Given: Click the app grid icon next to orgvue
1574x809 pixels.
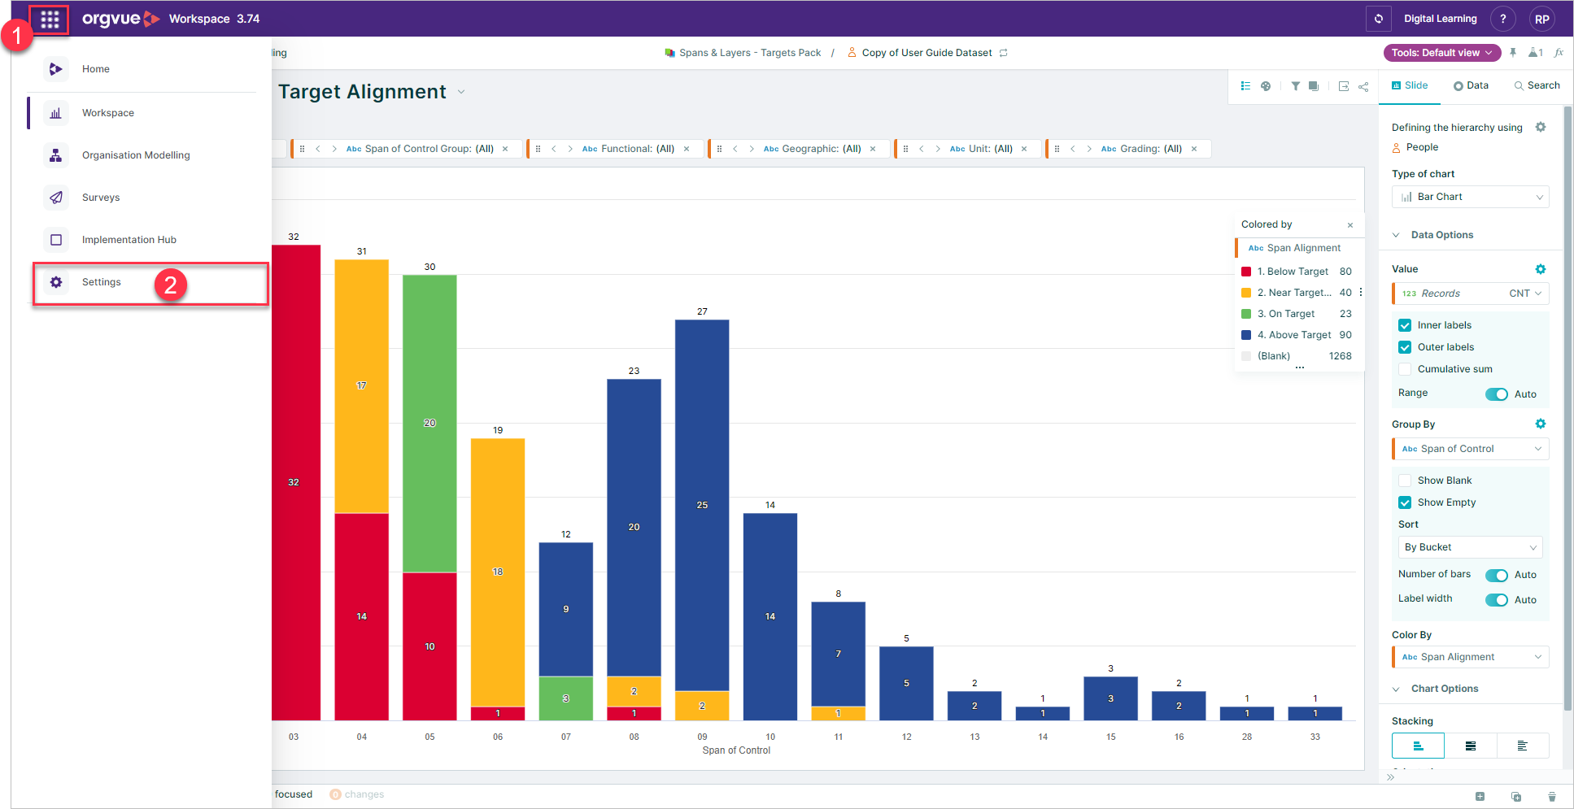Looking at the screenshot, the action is click(50, 19).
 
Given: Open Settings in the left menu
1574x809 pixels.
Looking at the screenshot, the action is click(101, 282).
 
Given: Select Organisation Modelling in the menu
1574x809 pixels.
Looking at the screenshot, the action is click(136, 155).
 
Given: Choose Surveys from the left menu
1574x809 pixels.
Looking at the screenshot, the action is click(101, 198).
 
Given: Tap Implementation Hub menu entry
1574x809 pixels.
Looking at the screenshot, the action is click(129, 240).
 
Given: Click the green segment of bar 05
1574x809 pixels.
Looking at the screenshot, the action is click(429, 424).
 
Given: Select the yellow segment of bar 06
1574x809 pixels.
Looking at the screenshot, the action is click(498, 572).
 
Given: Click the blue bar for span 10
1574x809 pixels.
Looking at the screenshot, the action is click(770, 616).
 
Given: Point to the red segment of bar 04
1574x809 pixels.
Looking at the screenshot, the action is click(362, 616).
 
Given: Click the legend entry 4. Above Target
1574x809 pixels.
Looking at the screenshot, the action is click(1293, 335).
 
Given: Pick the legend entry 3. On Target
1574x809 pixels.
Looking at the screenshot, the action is click(1285, 314).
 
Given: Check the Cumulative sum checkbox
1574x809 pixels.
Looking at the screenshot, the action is click(1405, 369).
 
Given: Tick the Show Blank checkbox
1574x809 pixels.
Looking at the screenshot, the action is click(1405, 481).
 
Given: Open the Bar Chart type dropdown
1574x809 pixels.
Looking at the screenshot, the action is click(1470, 197).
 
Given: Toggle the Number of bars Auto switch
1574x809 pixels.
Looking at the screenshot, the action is click(1497, 575).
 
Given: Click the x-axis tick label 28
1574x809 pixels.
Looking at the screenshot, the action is click(1247, 737).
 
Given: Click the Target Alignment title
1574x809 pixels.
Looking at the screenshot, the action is click(362, 92).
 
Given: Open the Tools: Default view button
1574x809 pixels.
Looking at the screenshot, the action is click(1442, 53).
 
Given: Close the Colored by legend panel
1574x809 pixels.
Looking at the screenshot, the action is click(1350, 225).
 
